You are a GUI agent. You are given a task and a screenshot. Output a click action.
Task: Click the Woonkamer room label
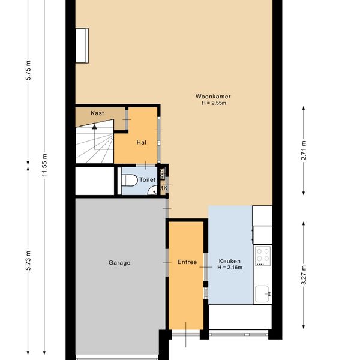tap(213, 97)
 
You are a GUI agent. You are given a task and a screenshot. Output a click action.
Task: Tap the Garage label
tap(119, 263)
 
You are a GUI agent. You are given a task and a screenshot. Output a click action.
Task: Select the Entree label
tap(187, 262)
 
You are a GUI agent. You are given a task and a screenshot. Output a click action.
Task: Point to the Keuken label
tap(230, 261)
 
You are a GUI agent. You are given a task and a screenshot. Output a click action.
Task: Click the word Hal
tap(142, 142)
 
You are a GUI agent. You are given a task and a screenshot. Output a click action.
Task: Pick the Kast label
tap(97, 113)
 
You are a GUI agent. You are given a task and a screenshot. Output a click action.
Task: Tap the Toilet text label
tap(148, 179)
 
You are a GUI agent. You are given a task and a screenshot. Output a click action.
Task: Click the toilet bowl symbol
tap(129, 180)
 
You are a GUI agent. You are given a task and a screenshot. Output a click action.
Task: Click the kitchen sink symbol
tap(263, 293)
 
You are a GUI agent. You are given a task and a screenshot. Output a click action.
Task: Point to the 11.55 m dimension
tap(44, 165)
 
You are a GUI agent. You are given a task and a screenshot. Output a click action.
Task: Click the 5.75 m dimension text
tap(28, 70)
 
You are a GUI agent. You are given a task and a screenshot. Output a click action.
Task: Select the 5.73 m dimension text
tap(28, 260)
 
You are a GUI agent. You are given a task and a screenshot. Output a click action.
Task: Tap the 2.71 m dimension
tap(304, 151)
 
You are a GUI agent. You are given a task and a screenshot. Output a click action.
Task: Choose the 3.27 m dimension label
tap(304, 275)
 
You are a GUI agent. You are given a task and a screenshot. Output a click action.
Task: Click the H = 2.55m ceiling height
tap(214, 103)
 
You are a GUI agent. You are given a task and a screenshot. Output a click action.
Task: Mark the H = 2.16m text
tap(230, 268)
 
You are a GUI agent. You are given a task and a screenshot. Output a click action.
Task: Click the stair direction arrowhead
tap(94, 127)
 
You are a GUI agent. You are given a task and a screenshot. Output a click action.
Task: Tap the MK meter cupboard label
tap(164, 188)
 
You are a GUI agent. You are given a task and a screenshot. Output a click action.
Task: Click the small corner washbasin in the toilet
tap(153, 191)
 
